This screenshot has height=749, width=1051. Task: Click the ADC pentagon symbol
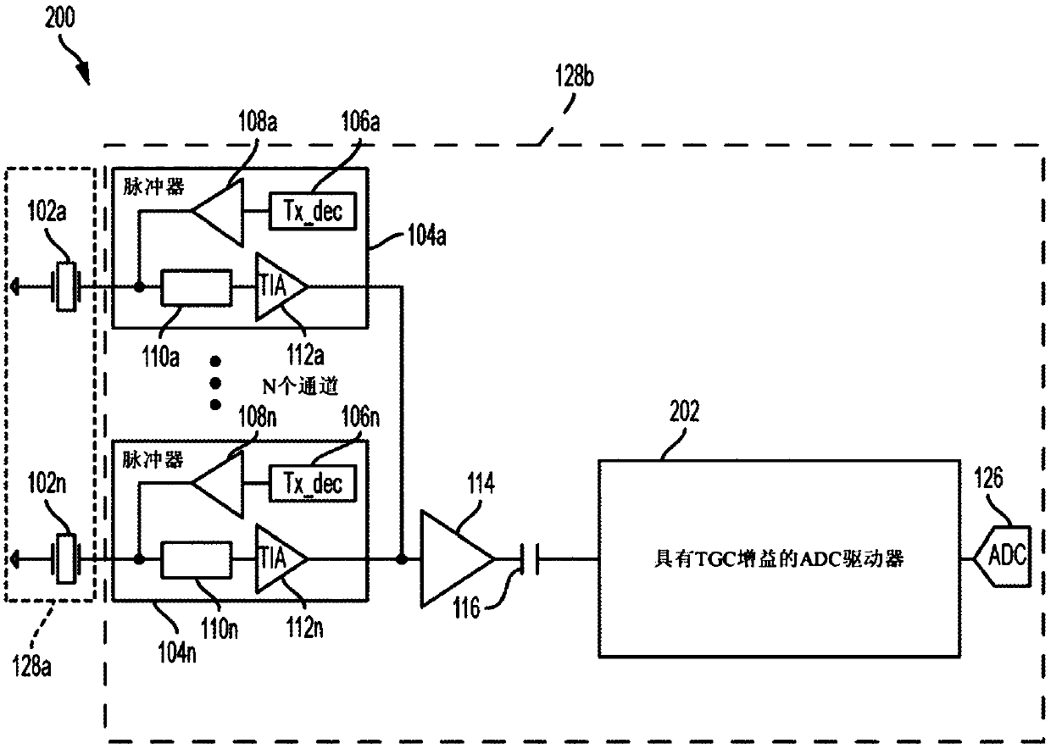coord(1003,556)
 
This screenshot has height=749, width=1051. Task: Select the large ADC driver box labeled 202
coord(779,558)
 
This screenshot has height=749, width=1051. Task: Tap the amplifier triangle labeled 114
coord(458,559)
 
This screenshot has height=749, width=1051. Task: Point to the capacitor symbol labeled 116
coord(530,559)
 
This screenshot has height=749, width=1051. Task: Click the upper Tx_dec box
coord(312,211)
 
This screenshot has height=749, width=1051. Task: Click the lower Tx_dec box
coord(312,483)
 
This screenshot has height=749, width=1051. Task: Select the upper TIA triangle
coord(281,287)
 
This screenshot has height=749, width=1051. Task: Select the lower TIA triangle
coord(281,558)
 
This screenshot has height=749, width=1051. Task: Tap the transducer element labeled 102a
coord(66,286)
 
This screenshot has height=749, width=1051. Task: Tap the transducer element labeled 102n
coord(66,558)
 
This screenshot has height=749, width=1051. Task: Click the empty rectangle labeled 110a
coord(196,287)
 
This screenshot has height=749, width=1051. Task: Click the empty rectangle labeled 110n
coord(196,559)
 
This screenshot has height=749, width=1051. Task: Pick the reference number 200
coord(59,18)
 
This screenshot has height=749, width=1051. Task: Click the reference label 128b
coord(575,75)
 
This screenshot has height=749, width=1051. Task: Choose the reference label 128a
coord(31,666)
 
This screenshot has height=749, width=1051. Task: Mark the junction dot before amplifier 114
coord(402,559)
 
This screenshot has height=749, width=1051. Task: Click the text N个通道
coord(300,386)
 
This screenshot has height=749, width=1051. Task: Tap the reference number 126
coord(988,478)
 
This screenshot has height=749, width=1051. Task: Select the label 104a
coord(426,235)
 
